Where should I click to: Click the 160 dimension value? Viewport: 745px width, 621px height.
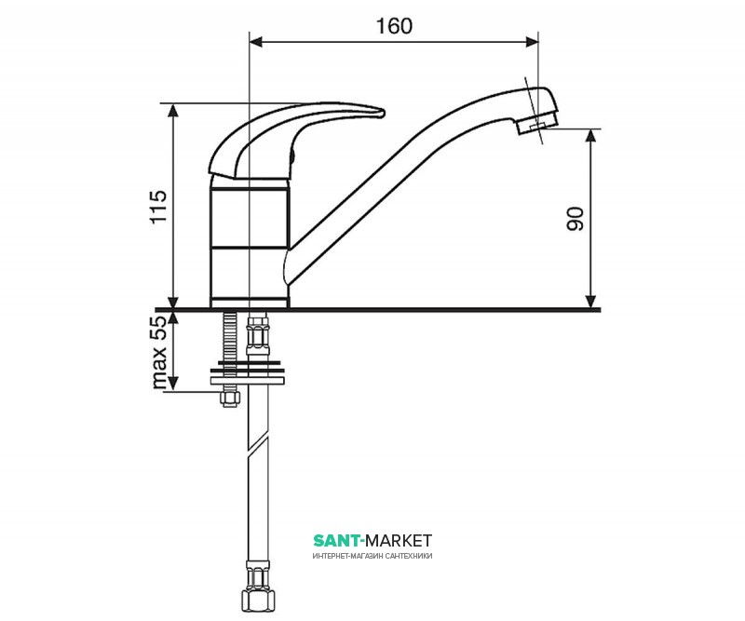pyautogui.click(x=394, y=26)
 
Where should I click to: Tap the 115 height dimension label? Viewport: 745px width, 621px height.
pyautogui.click(x=158, y=207)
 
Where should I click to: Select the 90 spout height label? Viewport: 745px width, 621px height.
pyautogui.click(x=575, y=219)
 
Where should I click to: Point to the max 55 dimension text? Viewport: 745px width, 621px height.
pyautogui.click(x=159, y=353)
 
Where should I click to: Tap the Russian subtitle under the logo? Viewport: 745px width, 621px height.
pyautogui.click(x=372, y=556)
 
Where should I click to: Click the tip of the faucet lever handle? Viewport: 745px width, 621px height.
pyautogui.click(x=383, y=113)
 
